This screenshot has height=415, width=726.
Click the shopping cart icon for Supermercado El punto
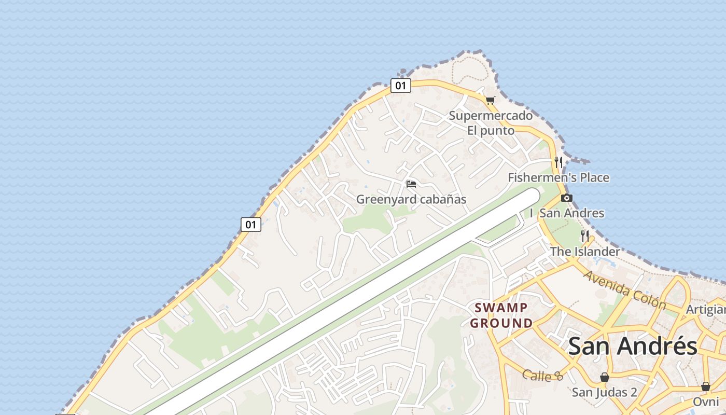[490, 100]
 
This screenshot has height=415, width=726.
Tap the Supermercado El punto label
[491, 123]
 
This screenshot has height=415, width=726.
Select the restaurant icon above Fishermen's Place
[559, 162]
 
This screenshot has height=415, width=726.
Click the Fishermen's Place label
[559, 177]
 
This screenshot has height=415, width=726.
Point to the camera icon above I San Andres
[567, 198]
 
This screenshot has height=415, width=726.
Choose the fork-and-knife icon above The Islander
[585, 236]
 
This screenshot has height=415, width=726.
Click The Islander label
[585, 252]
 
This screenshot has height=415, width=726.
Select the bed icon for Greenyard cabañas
[411, 184]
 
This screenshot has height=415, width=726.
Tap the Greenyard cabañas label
[411, 199]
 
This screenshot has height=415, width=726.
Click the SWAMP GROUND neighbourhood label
[501, 315]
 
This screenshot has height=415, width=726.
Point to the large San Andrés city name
[633, 347]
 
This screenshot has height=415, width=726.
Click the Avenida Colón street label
[625, 290]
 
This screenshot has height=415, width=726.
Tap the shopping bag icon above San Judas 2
[605, 377]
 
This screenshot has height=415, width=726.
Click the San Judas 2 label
[605, 392]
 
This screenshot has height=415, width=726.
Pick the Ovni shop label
[706, 402]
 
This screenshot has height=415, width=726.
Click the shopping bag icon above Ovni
[706, 386]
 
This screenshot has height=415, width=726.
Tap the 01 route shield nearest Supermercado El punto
[400, 86]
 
